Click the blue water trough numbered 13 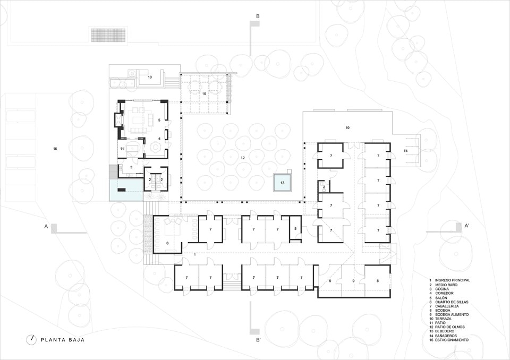click(282, 183)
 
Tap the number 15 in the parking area click(55, 149)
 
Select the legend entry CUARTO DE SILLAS click(452, 302)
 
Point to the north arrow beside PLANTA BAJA click(31, 339)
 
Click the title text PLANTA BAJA click(63, 340)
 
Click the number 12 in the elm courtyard click(242, 158)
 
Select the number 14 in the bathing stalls click(405, 151)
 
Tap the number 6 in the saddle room click(167, 243)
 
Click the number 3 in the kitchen click(131, 167)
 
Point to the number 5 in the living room click(159, 120)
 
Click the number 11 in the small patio click(122, 149)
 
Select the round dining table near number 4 click(155, 148)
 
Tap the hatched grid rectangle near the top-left click(108, 35)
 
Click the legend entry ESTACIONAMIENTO click(452, 340)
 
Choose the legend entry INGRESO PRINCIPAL click(453, 280)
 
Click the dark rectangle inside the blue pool click(122, 190)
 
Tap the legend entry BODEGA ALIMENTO click(452, 314)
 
